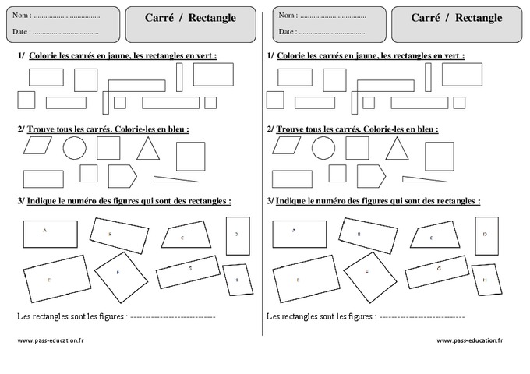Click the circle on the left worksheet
tap(75, 148)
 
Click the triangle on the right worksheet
tap(397, 149)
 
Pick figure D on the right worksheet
tap(484, 236)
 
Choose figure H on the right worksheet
tap(484, 280)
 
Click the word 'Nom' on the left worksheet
tap(22, 15)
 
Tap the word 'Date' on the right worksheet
tap(286, 32)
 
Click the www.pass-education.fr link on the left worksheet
tap(50, 340)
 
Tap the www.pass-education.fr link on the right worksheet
tap(469, 340)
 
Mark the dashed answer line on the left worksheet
tap(172, 317)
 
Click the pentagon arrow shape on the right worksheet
tap(371, 175)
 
